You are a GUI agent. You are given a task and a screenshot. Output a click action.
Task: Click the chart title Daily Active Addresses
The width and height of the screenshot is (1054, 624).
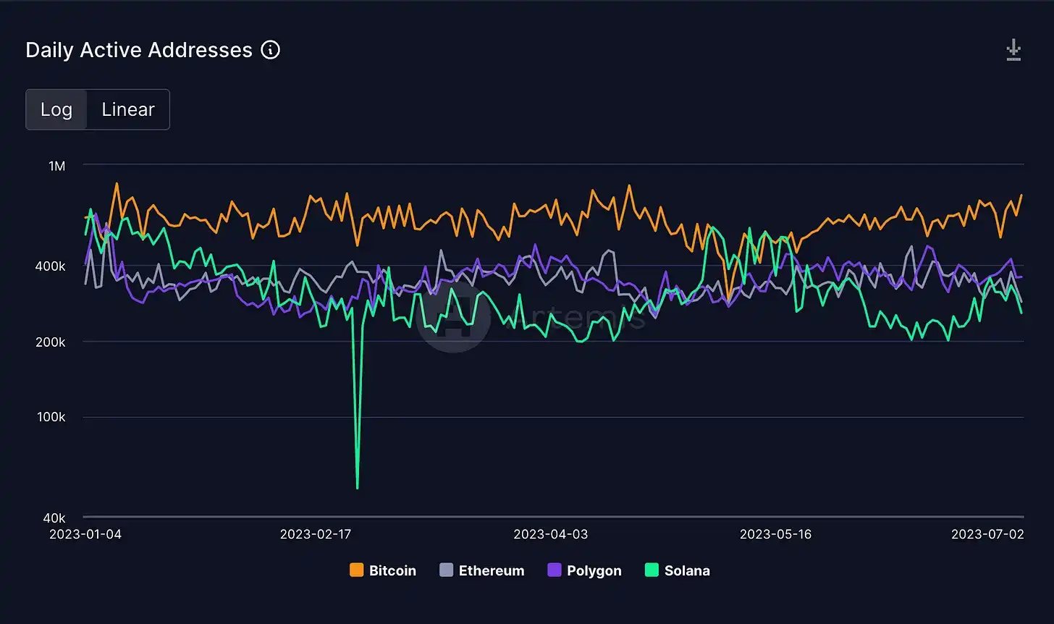pos(139,50)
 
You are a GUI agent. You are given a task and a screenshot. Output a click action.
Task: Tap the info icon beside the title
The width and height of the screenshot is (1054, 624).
pos(270,50)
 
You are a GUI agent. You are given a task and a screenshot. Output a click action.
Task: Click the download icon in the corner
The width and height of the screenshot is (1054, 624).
pos(1013,51)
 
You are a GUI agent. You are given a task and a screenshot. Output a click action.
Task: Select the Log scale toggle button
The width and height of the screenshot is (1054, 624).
pos(56,109)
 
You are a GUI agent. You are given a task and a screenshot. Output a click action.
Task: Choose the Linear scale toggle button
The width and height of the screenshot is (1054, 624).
pos(128,109)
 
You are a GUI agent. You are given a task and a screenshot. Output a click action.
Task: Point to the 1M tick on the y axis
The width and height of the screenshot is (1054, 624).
pos(56,166)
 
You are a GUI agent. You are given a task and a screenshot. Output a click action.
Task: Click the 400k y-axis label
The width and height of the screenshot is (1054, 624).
pos(51,266)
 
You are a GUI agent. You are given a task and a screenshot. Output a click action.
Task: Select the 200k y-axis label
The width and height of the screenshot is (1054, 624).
pos(51,342)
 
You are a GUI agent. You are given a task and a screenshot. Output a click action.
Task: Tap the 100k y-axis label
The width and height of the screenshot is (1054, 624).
pos(51,417)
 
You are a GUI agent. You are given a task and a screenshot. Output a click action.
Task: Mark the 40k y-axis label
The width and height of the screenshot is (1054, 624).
pos(54,518)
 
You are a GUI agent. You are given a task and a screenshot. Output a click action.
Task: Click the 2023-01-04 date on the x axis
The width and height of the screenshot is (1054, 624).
pos(85,534)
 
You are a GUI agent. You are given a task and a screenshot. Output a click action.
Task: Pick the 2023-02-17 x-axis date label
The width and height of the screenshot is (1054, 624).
pos(316,534)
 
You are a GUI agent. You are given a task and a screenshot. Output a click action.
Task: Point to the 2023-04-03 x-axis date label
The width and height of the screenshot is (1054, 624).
pos(550,534)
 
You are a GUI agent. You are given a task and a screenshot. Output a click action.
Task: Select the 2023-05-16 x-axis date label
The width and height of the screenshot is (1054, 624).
pos(775,534)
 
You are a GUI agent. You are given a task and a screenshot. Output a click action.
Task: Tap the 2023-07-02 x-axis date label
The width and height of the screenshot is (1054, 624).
pos(987,534)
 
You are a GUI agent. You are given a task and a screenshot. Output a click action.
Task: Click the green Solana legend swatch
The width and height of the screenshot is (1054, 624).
pos(652,570)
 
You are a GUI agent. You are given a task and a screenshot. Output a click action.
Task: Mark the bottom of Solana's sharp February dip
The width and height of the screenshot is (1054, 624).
pos(358,488)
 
